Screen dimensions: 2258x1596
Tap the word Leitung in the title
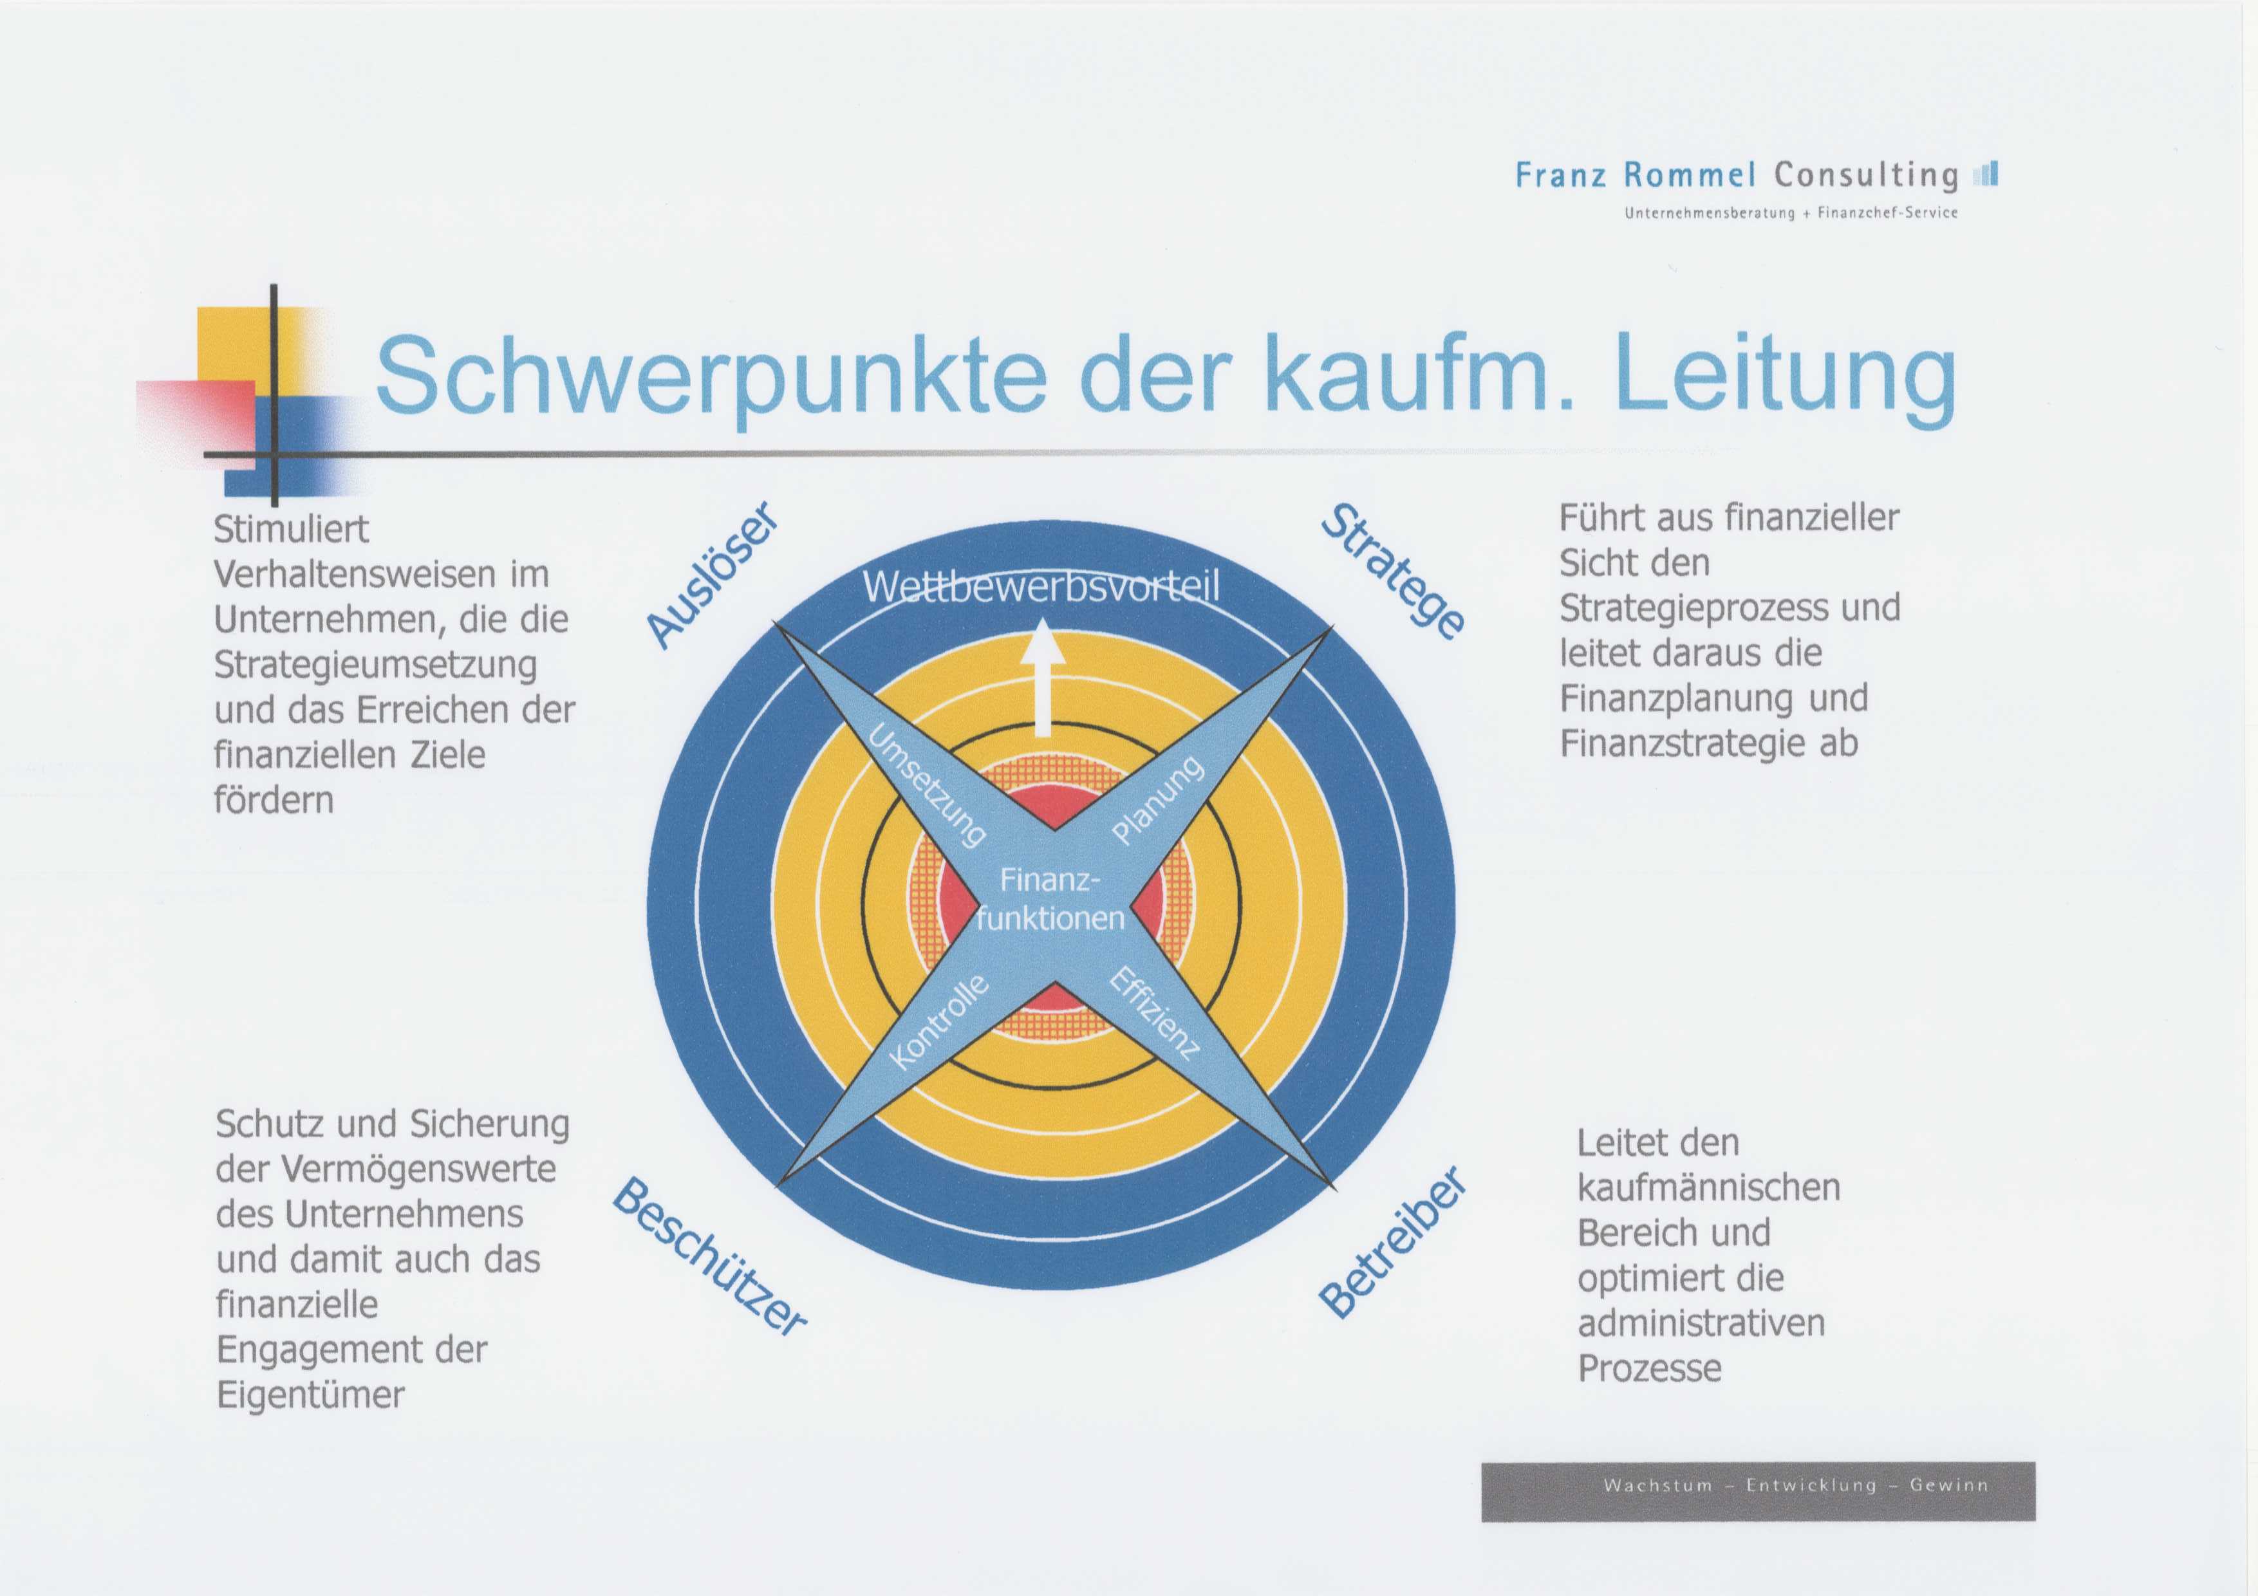1784,378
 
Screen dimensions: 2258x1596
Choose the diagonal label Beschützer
710,1257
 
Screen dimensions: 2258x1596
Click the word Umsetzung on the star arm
926,786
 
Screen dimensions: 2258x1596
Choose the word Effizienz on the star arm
1155,1014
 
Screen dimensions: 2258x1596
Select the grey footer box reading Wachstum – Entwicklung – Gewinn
1759,1492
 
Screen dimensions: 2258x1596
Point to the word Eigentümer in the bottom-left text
311,1395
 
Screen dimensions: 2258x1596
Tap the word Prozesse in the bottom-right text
1649,1368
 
